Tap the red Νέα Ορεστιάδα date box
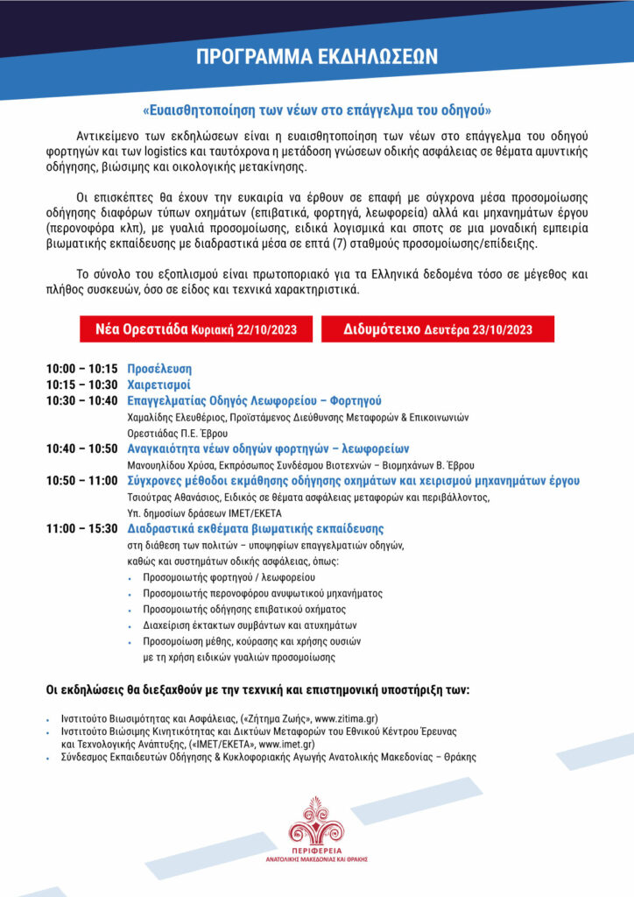pyautogui.click(x=195, y=329)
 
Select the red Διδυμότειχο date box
pyautogui.click(x=438, y=329)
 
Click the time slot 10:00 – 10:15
pyautogui.click(x=81, y=369)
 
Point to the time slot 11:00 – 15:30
pyautogui.click(x=81, y=528)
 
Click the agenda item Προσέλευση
pyautogui.click(x=159, y=369)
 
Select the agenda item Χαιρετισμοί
pyautogui.click(x=158, y=385)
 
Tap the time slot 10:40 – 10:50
pyautogui.click(x=81, y=448)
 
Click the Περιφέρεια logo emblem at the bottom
pyautogui.click(x=317, y=822)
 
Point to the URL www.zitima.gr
pyautogui.click(x=391, y=718)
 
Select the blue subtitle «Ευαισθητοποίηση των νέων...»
pyautogui.click(x=317, y=111)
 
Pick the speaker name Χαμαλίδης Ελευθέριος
pyautogui.click(x=182, y=417)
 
